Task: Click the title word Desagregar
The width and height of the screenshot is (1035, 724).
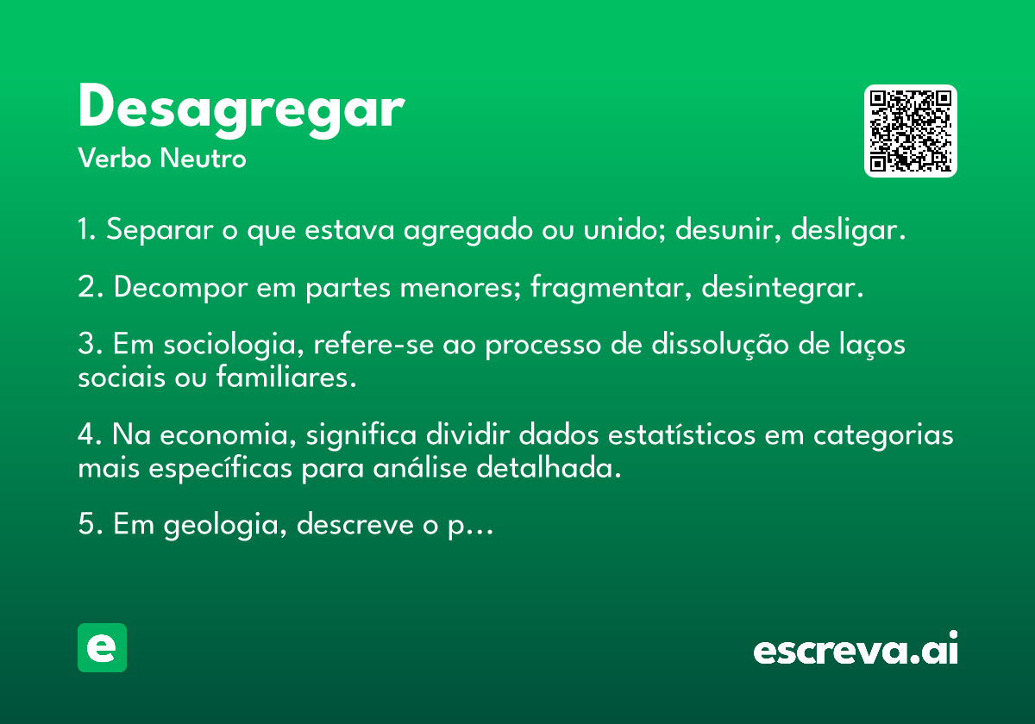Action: (x=241, y=110)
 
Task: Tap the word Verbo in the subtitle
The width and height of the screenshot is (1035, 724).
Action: (x=115, y=159)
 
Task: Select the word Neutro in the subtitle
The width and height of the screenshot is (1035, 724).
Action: (x=203, y=159)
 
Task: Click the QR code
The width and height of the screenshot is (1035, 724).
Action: (x=910, y=131)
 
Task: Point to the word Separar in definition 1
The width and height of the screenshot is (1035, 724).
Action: (x=160, y=229)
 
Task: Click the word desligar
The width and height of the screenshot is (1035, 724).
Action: (x=848, y=229)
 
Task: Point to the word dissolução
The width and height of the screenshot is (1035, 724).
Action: (x=719, y=345)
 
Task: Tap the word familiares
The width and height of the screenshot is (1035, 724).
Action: (x=286, y=377)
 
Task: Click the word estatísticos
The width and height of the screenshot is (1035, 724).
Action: (x=681, y=434)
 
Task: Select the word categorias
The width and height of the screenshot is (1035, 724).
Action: (x=883, y=435)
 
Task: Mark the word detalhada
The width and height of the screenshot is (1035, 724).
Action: (x=549, y=468)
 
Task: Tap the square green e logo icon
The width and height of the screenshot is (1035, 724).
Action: (x=102, y=647)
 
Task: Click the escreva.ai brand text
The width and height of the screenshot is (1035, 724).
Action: (x=856, y=647)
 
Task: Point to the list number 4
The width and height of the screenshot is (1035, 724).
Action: (x=89, y=435)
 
